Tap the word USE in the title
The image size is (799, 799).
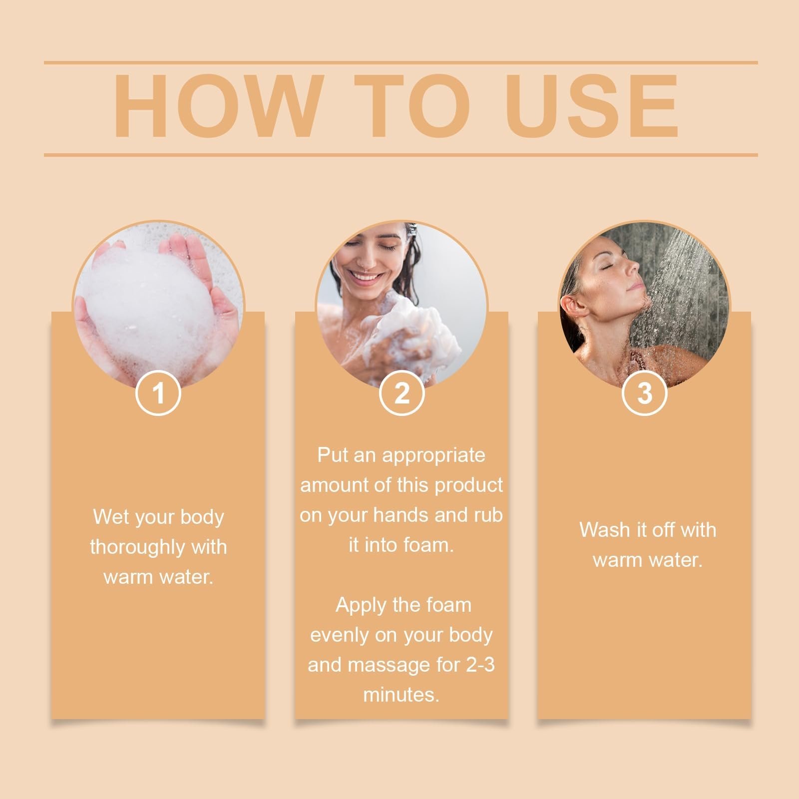(x=594, y=106)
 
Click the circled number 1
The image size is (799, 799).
(x=158, y=393)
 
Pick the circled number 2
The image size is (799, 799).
(x=401, y=393)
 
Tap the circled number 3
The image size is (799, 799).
(x=645, y=393)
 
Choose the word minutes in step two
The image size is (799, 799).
(x=400, y=695)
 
